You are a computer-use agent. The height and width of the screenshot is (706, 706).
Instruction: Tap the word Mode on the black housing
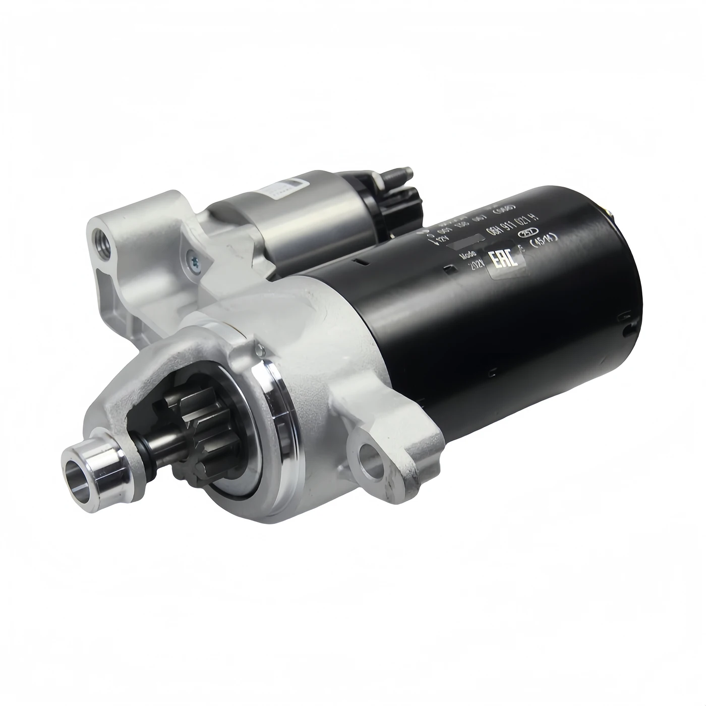click(468, 255)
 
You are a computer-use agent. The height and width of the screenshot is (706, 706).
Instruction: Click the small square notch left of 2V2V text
click(451, 269)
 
